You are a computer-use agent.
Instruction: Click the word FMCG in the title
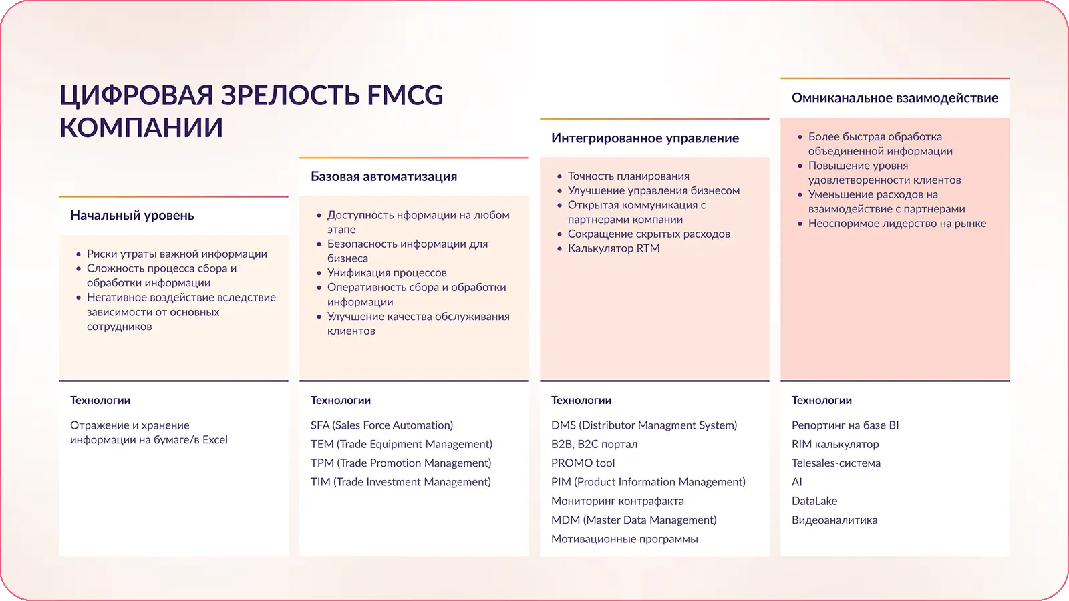405,95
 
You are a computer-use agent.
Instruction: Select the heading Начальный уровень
132,216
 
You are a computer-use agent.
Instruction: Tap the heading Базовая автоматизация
384,176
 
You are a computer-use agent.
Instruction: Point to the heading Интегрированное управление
645,138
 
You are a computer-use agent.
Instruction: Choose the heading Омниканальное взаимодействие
895,97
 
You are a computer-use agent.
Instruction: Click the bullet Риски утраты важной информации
176,254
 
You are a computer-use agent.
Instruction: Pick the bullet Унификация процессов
387,273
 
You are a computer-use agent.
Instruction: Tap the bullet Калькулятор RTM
614,248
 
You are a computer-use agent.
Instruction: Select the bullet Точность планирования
629,176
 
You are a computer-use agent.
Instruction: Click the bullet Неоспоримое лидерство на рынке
897,223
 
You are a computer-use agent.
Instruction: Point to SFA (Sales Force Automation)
381,425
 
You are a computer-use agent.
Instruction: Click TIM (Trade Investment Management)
401,481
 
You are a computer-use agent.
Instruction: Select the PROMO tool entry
583,463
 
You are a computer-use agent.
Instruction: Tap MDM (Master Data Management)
634,520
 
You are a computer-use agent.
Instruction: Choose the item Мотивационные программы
624,538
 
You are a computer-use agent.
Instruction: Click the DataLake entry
814,501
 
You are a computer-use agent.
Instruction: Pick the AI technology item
796,481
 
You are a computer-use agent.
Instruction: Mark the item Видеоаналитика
834,520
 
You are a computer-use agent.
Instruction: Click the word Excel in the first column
214,439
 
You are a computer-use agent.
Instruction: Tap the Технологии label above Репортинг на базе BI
821,400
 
